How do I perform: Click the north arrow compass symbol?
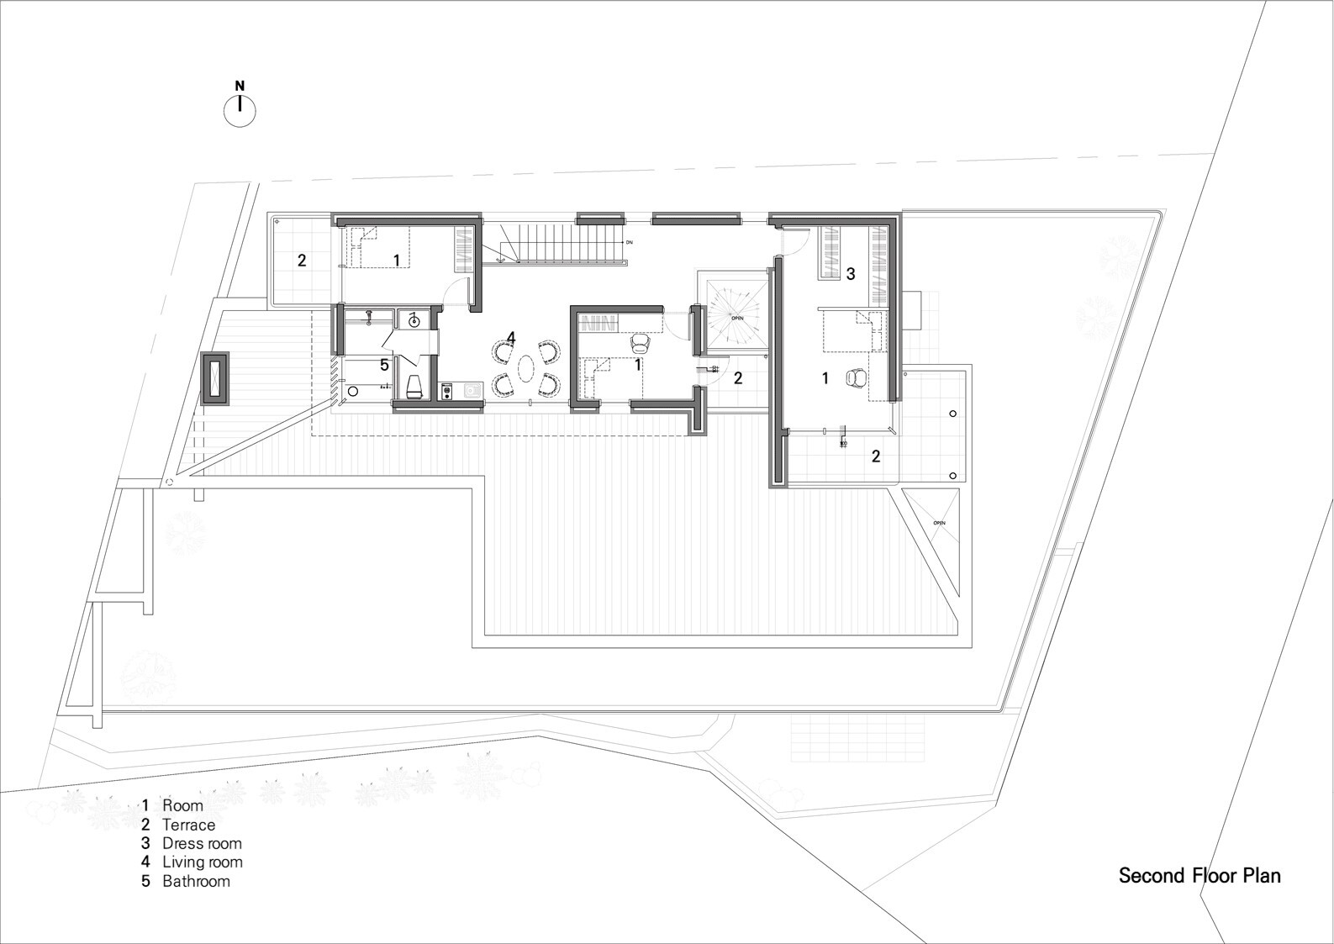(x=240, y=109)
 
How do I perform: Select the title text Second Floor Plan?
(x=1200, y=876)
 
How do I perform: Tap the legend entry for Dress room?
(x=192, y=843)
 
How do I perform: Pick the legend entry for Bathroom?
(x=187, y=881)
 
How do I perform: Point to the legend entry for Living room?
(x=192, y=862)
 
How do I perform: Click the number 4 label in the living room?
(x=510, y=338)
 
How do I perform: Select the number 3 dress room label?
(x=851, y=273)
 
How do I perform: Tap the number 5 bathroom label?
(x=384, y=366)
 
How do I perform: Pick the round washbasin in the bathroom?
(x=414, y=319)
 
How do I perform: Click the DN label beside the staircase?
(x=628, y=242)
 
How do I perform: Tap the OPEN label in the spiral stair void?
(x=736, y=319)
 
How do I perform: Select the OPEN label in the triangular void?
(x=939, y=523)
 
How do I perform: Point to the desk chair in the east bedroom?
(x=857, y=378)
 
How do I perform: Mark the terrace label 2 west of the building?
(x=302, y=260)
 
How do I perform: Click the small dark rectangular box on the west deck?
(x=214, y=379)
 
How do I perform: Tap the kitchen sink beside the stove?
(x=471, y=390)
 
